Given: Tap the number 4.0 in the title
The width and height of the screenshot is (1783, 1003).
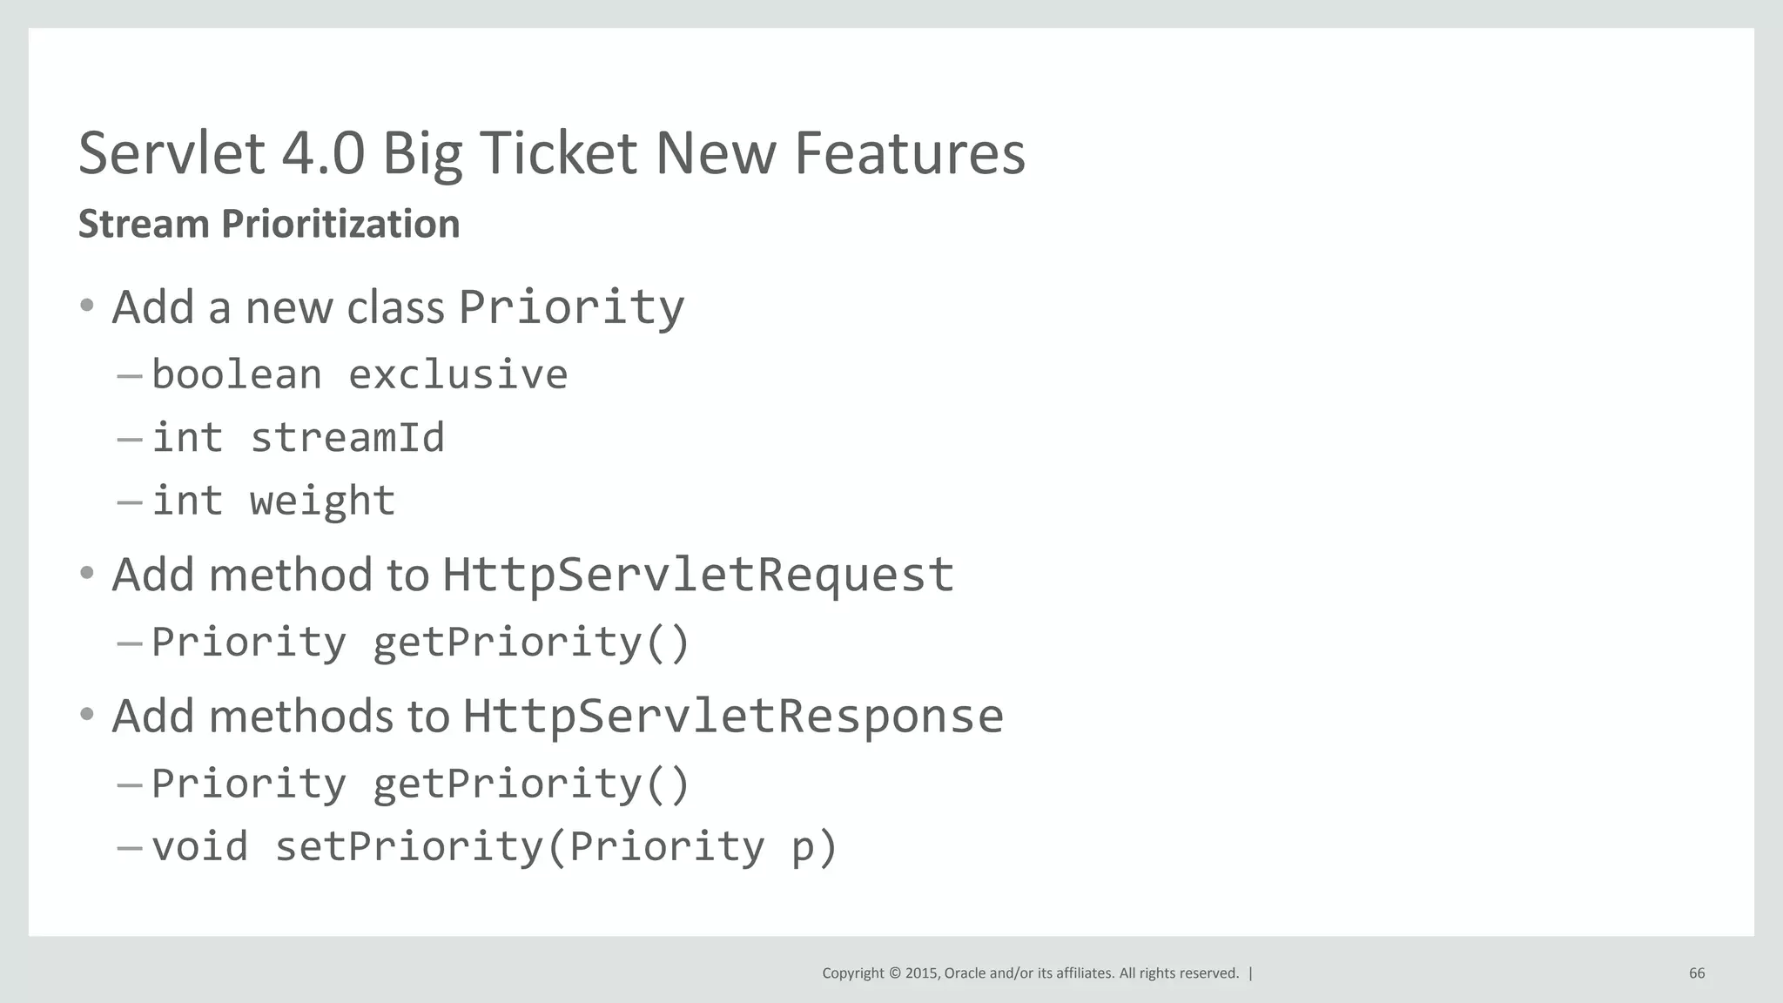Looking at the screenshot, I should [x=323, y=153].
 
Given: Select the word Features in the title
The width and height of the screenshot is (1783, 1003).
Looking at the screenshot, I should [x=910, y=153].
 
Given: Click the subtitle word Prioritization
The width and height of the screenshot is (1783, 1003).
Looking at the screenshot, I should [x=340, y=225].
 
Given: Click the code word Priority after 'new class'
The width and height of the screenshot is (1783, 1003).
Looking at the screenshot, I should [x=571, y=307].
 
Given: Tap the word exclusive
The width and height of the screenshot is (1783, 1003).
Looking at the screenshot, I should [x=458, y=375].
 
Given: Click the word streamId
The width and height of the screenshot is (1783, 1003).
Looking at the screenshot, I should [x=347, y=438].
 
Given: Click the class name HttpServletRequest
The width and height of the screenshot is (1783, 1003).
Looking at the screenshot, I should [x=697, y=575].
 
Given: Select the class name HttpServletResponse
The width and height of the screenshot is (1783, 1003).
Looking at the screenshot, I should [x=732, y=717].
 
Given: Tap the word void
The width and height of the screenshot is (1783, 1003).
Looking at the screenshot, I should [x=199, y=847].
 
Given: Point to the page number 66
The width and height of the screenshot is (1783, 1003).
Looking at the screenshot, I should [x=1697, y=973].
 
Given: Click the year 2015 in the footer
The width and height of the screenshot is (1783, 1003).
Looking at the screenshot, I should [x=922, y=973].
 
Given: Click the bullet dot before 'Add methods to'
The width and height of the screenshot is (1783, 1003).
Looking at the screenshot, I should [x=86, y=715].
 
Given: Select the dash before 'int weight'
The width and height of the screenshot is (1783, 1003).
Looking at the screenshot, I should [x=129, y=502].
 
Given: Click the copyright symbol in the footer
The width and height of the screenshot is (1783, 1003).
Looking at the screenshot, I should [x=894, y=973].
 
